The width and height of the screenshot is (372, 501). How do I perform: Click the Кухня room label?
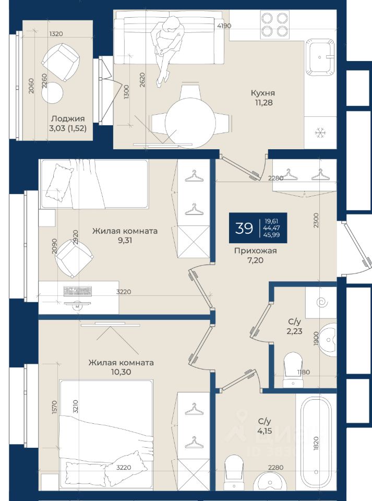coord(262,93)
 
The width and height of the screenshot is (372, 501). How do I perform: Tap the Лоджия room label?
coord(68,118)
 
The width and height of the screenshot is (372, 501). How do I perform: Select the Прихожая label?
coord(256,251)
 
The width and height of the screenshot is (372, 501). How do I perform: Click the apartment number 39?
coord(244,228)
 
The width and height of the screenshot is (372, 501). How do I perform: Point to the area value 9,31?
coord(125,240)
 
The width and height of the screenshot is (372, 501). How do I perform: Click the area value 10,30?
coord(121,372)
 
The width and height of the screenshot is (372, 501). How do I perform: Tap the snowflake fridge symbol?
coord(320,133)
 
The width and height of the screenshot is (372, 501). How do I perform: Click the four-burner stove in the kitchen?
coord(274,25)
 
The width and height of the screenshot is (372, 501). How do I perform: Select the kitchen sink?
coord(320,57)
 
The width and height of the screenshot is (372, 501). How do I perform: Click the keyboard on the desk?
coord(78,291)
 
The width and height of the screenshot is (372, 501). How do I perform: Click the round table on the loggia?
coord(52,93)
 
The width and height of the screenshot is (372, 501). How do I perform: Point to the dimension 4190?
coord(224,26)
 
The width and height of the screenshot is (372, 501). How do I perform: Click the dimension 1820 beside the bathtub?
coord(316,443)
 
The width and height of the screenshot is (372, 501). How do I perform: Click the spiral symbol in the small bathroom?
coord(321,302)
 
